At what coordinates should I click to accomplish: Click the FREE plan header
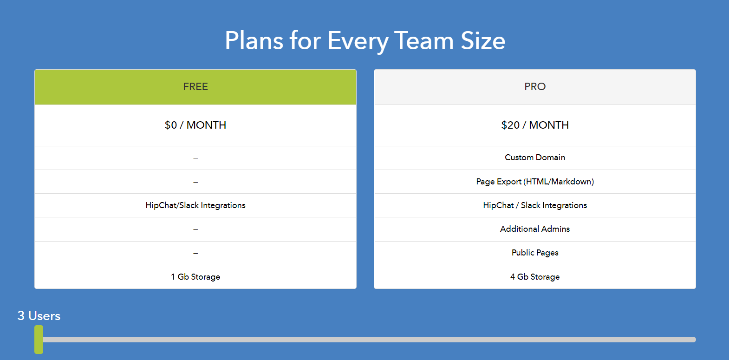[x=195, y=86]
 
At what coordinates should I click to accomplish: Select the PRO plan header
[x=535, y=86]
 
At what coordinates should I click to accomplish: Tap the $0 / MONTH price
[x=195, y=125]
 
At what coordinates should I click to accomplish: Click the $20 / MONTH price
[x=535, y=125]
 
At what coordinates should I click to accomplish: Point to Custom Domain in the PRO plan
[x=535, y=157]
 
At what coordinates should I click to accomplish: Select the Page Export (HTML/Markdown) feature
[x=535, y=182]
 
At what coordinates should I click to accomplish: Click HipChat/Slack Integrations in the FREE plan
[x=195, y=205]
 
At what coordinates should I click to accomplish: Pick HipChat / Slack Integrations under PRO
[x=535, y=205]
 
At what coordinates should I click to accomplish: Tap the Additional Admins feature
[x=535, y=229]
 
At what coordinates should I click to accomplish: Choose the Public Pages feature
[x=535, y=253]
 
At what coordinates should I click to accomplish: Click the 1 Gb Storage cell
[x=195, y=277]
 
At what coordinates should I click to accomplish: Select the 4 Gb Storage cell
[x=535, y=277]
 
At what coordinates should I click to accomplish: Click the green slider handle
[x=39, y=340]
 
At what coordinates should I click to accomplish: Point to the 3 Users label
[x=39, y=316]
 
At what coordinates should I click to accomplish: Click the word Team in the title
[x=424, y=41]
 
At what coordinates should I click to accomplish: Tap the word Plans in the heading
[x=254, y=41]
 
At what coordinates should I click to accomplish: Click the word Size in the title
[x=483, y=41]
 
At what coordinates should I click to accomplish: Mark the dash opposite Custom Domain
[x=195, y=158]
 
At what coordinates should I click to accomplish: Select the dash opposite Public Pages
[x=195, y=253]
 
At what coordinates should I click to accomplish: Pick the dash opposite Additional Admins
[x=195, y=229]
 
